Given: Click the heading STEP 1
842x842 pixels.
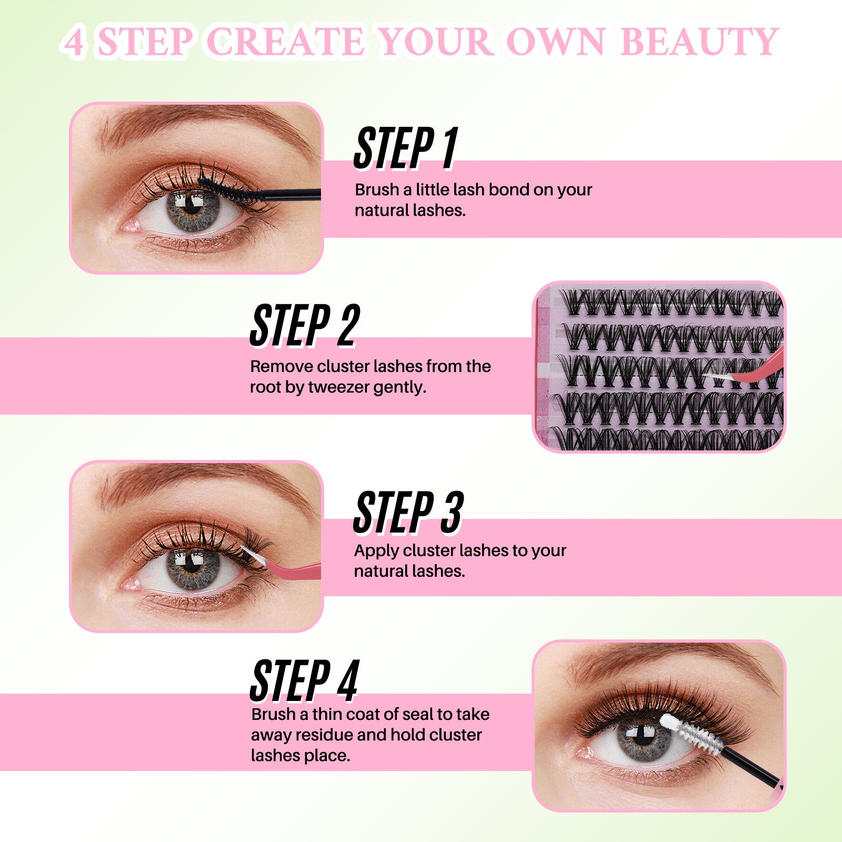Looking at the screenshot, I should coord(406,148).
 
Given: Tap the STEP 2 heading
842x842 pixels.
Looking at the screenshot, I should coord(305,326).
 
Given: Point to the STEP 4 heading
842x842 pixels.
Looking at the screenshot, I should coord(305,681).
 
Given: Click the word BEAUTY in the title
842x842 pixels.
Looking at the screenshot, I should coord(699,42).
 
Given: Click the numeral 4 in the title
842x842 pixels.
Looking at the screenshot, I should coord(74,43).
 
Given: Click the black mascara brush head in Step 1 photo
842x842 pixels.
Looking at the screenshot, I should coord(226,189).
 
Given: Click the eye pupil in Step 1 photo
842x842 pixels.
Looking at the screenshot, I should coord(193,207).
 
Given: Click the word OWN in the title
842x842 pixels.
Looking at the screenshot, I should coord(555,42).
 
